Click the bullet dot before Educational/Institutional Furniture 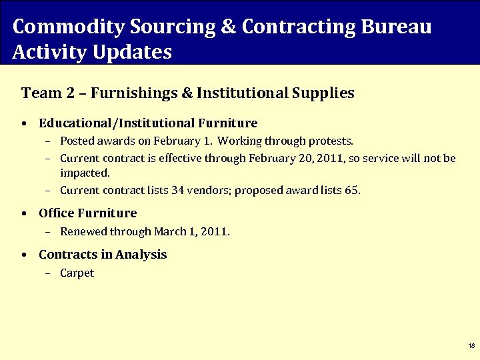[24, 124]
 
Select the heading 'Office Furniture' [87, 213]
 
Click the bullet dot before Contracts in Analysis [24, 255]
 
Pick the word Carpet [77, 273]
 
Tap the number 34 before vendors [177, 191]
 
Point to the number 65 [351, 191]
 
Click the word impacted [85, 173]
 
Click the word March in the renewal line [169, 232]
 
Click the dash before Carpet [49, 273]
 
